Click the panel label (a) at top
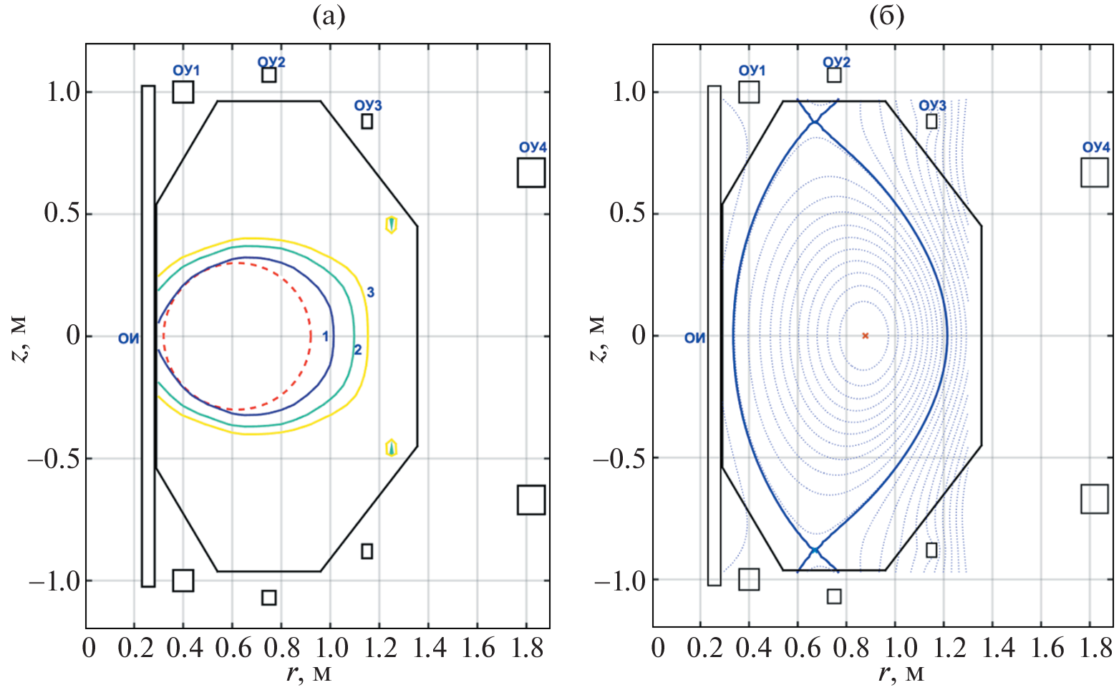pyautogui.click(x=329, y=16)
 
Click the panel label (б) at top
pyautogui.click(x=886, y=16)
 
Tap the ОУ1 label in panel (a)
pyautogui.click(x=186, y=70)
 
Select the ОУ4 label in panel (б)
pyautogui.click(x=1096, y=147)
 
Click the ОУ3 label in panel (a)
pyautogui.click(x=368, y=105)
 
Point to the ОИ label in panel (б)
pyautogui.click(x=694, y=338)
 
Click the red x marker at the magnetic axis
pyautogui.click(x=865, y=336)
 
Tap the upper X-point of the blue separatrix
pyautogui.click(x=815, y=124)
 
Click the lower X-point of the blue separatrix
pyautogui.click(x=815, y=550)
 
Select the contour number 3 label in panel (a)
pyautogui.click(x=370, y=292)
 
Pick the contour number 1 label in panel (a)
pyautogui.click(x=325, y=336)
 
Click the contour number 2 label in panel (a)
pyautogui.click(x=357, y=350)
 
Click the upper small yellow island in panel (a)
pyautogui.click(x=391, y=224)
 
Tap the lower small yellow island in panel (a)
pyautogui.click(x=391, y=448)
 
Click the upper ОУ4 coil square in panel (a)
pyautogui.click(x=531, y=172)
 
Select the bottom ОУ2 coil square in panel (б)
pyautogui.click(x=834, y=596)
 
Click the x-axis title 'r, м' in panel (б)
pyautogui.click(x=900, y=674)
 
